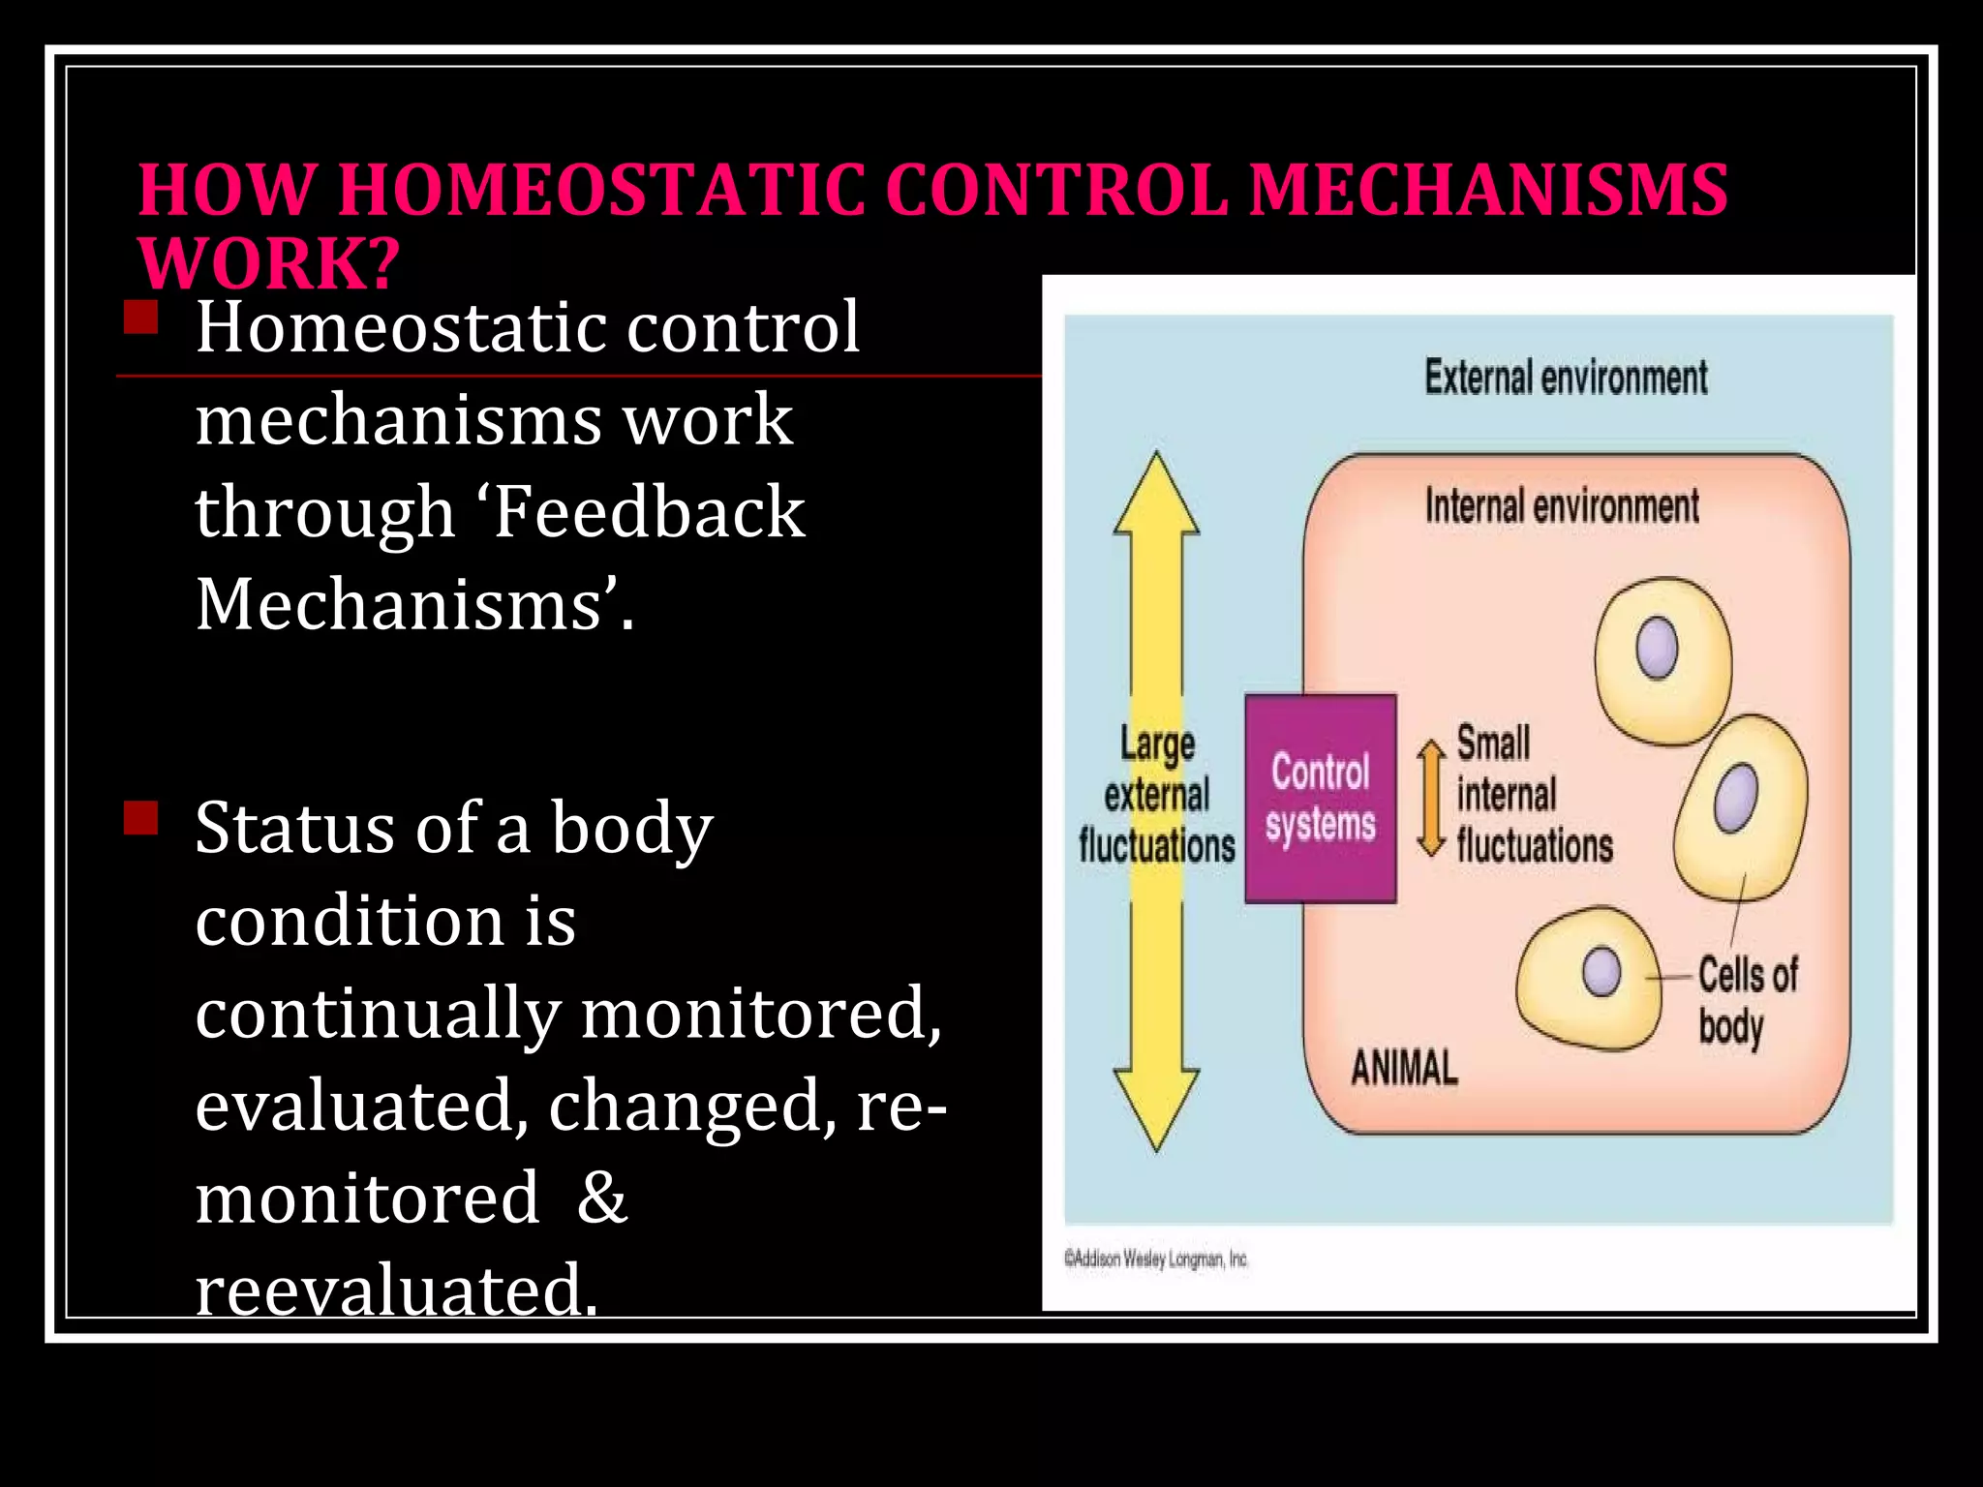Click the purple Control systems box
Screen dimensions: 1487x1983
[x=1320, y=799]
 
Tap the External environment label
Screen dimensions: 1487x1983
[x=1565, y=378]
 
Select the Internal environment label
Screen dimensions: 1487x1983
[x=1561, y=506]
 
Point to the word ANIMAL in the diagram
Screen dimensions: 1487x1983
[x=1404, y=1069]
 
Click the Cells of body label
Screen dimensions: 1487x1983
[x=1747, y=1001]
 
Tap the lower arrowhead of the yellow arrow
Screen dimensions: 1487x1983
[x=1156, y=1108]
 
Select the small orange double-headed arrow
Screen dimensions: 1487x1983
[x=1430, y=799]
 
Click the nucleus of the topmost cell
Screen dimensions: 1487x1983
[x=1657, y=647]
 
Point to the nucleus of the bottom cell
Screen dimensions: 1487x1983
[x=1602, y=970]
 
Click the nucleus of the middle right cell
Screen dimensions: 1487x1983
[x=1736, y=798]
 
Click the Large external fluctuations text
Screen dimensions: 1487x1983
[x=1156, y=796]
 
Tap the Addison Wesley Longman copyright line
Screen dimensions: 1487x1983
[x=1155, y=1259]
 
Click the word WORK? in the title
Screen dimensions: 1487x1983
[x=268, y=263]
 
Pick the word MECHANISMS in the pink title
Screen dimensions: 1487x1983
[x=1487, y=190]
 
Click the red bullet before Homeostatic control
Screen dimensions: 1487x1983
[x=141, y=318]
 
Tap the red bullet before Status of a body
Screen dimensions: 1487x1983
[x=141, y=817]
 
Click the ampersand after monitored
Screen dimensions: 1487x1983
[x=602, y=1198]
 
